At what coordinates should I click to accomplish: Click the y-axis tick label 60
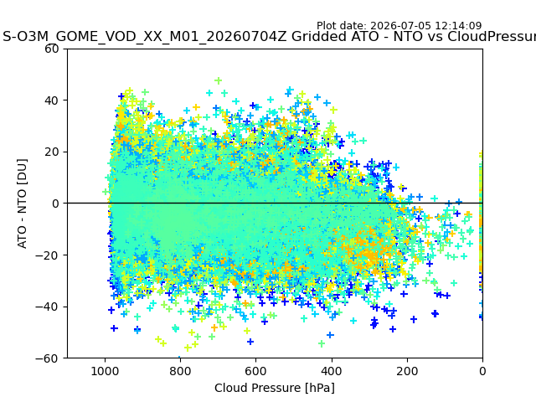[x=52, y=49]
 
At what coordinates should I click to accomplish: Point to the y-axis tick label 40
[x=52, y=100]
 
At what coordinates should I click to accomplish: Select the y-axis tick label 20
[x=52, y=152]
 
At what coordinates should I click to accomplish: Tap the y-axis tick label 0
[x=55, y=204]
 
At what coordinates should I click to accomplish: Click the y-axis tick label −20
[x=48, y=255]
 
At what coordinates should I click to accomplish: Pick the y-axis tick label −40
[x=48, y=307]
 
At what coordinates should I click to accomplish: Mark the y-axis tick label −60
[x=48, y=358]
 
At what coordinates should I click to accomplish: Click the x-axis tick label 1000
[x=105, y=371]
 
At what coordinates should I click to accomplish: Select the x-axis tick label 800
[x=181, y=371]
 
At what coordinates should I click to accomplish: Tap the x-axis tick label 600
[x=256, y=371]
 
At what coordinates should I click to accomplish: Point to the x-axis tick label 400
[x=332, y=371]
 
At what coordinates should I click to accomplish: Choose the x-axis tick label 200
[x=407, y=371]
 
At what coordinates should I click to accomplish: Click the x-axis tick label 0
[x=482, y=371]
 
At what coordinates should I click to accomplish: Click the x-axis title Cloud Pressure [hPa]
[x=275, y=389]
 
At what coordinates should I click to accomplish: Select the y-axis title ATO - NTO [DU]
[x=22, y=204]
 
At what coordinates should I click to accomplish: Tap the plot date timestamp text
[x=399, y=26]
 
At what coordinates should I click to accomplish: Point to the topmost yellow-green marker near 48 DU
[x=218, y=80]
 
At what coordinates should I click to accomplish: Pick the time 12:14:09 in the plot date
[x=458, y=26]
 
